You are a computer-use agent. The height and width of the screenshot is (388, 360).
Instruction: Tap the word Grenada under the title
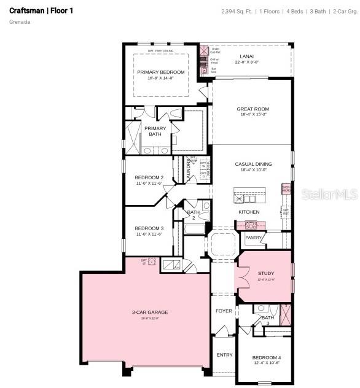(x=20, y=22)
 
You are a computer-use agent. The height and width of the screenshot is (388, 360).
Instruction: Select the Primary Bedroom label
(x=160, y=72)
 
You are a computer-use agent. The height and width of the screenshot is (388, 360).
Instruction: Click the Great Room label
(x=252, y=109)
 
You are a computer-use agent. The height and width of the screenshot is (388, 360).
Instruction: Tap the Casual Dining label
(x=253, y=164)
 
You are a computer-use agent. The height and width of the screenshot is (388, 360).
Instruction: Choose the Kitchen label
(x=249, y=212)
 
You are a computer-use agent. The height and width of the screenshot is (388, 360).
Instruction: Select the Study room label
(x=266, y=273)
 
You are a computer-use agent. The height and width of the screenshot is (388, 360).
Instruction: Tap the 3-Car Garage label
(x=149, y=312)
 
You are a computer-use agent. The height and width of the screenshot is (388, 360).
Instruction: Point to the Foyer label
(x=224, y=311)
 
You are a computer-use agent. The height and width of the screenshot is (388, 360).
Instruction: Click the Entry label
(x=224, y=355)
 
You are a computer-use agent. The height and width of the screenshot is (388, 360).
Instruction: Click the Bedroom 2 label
(x=149, y=177)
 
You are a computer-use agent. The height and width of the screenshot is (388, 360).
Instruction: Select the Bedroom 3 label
(x=149, y=228)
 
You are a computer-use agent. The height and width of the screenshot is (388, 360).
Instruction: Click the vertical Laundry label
(x=189, y=170)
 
